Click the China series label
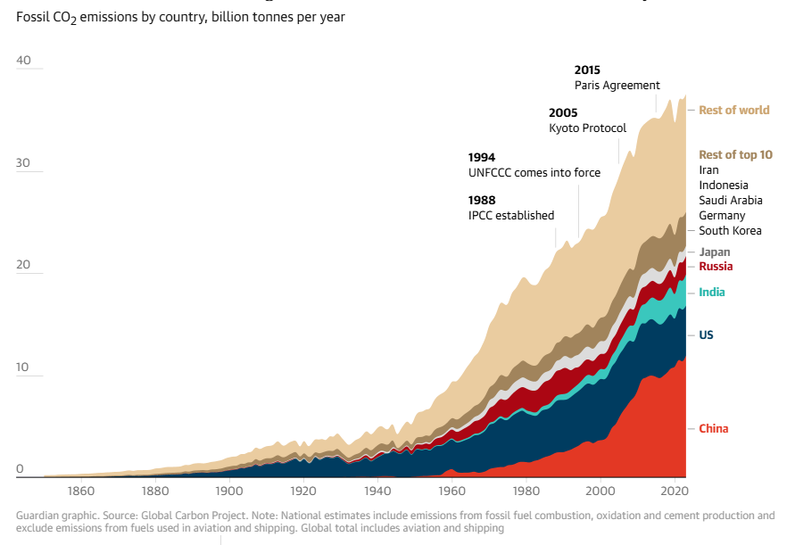[713, 429]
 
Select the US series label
[706, 335]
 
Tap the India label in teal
[712, 293]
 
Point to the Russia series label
[716, 267]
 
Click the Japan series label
[715, 252]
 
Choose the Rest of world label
[733, 111]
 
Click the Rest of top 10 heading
[735, 155]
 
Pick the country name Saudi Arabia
[730, 201]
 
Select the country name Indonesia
[724, 186]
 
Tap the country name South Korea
[730, 231]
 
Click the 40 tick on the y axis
[23, 61]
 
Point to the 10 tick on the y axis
[23, 367]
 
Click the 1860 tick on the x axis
[81, 491]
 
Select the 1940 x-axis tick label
[377, 491]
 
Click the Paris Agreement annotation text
[617, 86]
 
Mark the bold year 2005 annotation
[563, 113]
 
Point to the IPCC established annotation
[511, 216]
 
